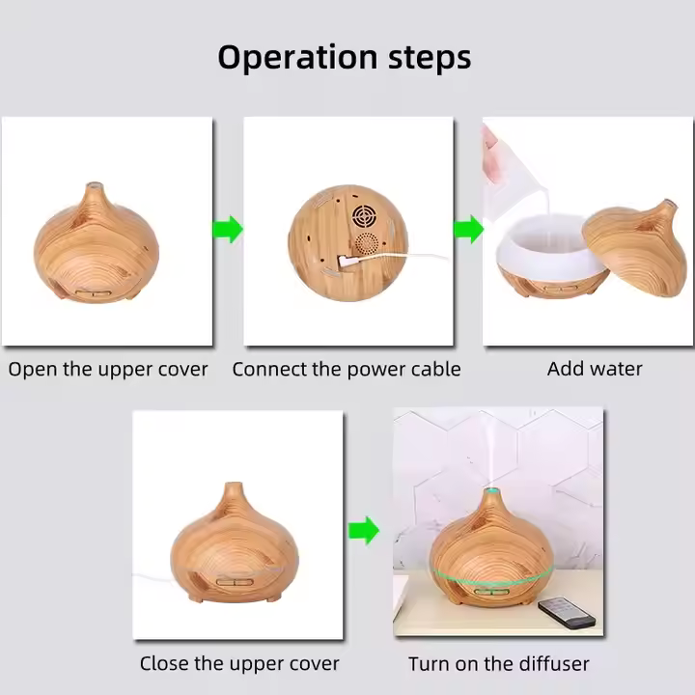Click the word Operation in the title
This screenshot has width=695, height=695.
tap(297, 58)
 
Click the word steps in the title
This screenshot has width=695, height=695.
tap(430, 58)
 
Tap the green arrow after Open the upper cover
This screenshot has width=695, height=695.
tap(228, 229)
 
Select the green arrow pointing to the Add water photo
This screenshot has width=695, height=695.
tap(468, 229)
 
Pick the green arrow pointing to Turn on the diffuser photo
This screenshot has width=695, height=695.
tap(364, 530)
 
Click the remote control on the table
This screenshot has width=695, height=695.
tap(567, 612)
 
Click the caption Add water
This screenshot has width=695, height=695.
tap(595, 369)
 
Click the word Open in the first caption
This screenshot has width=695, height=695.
tap(33, 370)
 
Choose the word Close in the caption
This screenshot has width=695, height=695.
tap(164, 663)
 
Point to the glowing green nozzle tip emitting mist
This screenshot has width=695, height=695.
tap(491, 490)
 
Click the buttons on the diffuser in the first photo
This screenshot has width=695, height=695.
tap(94, 293)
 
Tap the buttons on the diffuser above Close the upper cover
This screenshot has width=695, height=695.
tap(235, 582)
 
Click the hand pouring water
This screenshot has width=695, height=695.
tap(490, 153)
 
